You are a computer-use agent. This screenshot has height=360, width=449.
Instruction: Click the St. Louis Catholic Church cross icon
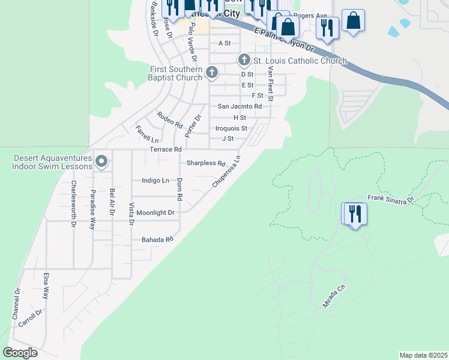coord(244,60)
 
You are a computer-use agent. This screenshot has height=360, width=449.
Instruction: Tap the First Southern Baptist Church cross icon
coord(211,73)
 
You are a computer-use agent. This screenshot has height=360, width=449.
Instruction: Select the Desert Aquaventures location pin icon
coord(101,161)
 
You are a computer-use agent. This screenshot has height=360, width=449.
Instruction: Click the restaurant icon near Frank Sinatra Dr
coord(354,214)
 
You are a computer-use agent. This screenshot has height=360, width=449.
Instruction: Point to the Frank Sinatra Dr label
coord(391,199)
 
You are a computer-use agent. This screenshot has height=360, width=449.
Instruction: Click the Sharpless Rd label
coord(205,163)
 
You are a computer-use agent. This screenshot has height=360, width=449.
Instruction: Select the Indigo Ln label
coord(155,180)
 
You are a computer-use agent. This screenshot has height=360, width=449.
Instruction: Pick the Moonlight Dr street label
coord(155,212)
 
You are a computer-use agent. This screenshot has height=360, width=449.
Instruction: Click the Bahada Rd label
coord(157,239)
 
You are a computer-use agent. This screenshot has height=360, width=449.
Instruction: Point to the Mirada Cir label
coord(334,296)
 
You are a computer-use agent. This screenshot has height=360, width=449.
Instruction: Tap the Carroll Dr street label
coord(30,319)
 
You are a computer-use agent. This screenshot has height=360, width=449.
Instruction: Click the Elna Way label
coord(46,286)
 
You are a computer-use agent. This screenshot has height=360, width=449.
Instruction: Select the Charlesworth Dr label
coord(74,203)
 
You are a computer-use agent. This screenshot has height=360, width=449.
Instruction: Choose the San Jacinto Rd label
coord(240,106)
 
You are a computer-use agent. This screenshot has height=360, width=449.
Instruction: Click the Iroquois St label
coord(231,128)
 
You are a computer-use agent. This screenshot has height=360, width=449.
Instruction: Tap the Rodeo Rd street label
coord(169,120)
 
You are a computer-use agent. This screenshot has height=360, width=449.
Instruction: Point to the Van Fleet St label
coord(271,83)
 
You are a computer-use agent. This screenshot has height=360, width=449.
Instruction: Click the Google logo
coord(20,353)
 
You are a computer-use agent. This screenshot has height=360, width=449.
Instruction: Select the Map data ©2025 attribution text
coord(423,355)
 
